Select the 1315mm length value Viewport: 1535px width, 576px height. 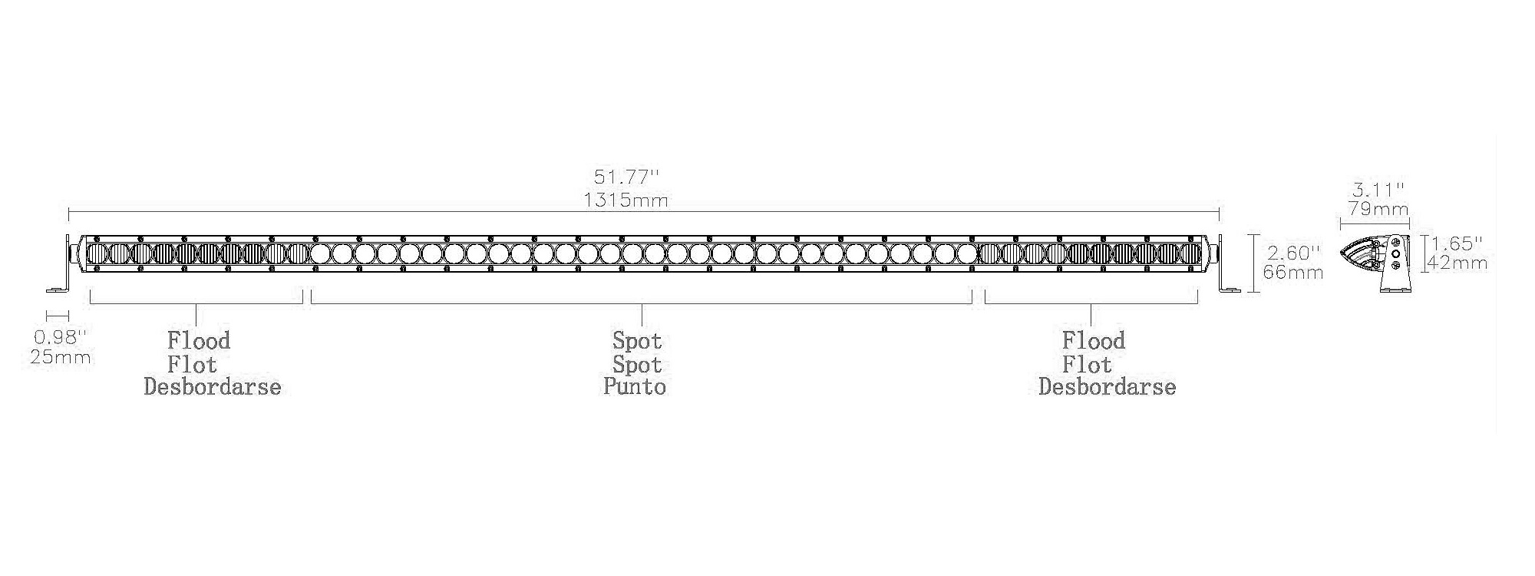[626, 200]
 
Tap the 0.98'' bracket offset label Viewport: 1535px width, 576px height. [61, 336]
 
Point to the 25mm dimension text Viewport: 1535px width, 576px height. [61, 357]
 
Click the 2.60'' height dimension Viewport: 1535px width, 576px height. [1293, 252]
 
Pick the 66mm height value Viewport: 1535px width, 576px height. [1293, 272]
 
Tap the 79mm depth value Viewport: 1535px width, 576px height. [1378, 208]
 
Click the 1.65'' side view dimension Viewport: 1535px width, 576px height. [1456, 243]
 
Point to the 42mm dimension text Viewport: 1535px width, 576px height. [1457, 263]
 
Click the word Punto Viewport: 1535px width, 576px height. [635, 386]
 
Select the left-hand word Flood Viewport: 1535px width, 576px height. [199, 340]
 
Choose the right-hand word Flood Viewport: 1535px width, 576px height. [1094, 340]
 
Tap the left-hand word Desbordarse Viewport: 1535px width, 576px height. [213, 386]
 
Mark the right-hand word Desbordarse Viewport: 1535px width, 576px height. [1107, 386]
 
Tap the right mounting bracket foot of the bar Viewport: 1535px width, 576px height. [1230, 290]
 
